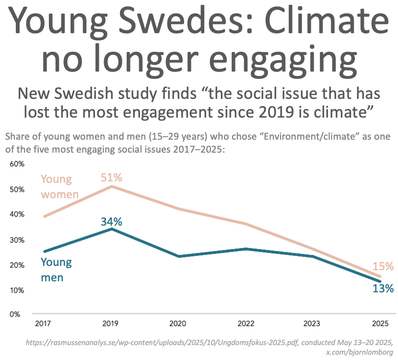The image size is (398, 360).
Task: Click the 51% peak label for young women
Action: [112, 178]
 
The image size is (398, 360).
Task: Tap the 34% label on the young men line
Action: [112, 222]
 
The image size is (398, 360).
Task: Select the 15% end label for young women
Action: [383, 266]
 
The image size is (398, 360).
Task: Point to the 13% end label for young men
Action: [383, 288]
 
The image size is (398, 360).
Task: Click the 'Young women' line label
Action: [59, 187]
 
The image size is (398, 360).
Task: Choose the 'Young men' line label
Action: [56, 269]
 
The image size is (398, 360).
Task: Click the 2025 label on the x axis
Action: [380, 324]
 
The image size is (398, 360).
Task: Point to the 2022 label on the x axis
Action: [246, 324]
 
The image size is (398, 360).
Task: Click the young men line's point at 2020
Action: [179, 256]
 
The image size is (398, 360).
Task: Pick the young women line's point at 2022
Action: [246, 224]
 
